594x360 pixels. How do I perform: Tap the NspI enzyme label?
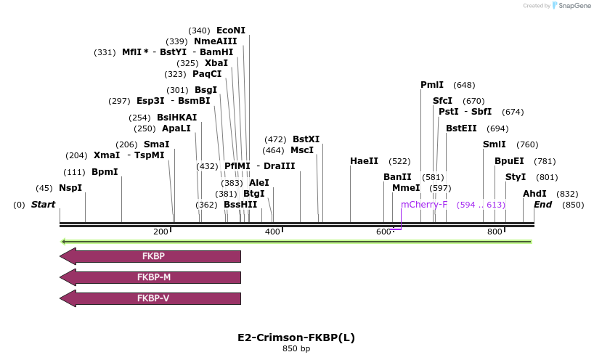70,188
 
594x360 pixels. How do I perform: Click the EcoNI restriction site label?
231,30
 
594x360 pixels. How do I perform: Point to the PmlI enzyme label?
432,85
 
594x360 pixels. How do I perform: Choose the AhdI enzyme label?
534,194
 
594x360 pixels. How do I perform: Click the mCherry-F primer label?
424,205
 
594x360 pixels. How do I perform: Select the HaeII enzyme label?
364,161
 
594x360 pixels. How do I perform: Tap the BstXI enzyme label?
306,139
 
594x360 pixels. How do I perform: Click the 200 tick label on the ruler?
160,232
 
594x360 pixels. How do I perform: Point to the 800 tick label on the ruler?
495,232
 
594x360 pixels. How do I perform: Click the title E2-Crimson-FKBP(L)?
296,337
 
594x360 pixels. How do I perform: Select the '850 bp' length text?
296,349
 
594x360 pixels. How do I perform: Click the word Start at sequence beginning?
43,205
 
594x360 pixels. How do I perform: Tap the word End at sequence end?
543,205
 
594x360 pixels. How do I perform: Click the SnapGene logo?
570,6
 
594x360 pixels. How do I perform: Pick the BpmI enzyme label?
105,172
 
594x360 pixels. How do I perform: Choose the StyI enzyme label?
516,177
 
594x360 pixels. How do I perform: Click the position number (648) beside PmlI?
464,85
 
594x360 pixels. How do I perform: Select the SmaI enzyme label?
156,144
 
